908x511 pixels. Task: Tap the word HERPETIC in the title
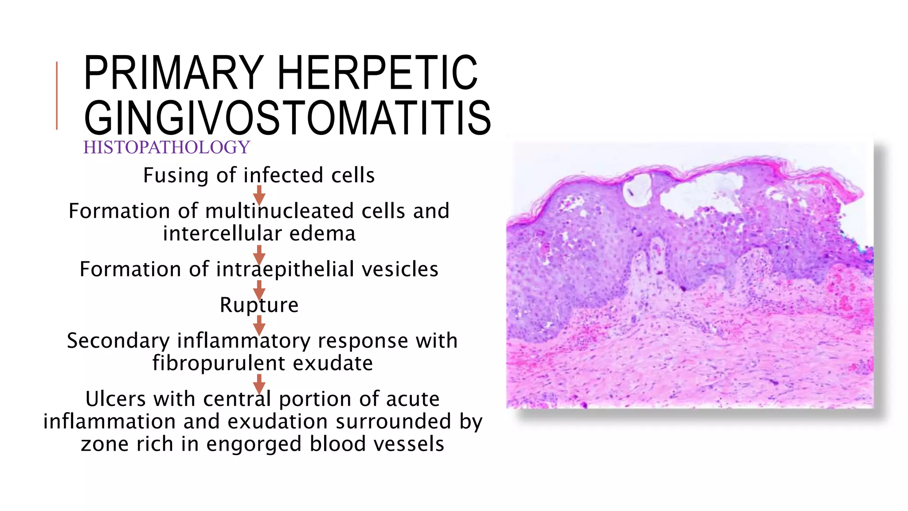tap(378, 73)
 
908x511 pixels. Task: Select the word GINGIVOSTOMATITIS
tap(287, 118)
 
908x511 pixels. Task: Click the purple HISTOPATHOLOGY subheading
tap(167, 147)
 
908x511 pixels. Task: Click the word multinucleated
tap(279, 211)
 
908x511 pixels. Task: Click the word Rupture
tap(259, 305)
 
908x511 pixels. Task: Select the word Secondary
tap(118, 341)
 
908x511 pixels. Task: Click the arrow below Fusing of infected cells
tap(259, 194)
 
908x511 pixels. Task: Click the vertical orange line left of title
tap(57, 96)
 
